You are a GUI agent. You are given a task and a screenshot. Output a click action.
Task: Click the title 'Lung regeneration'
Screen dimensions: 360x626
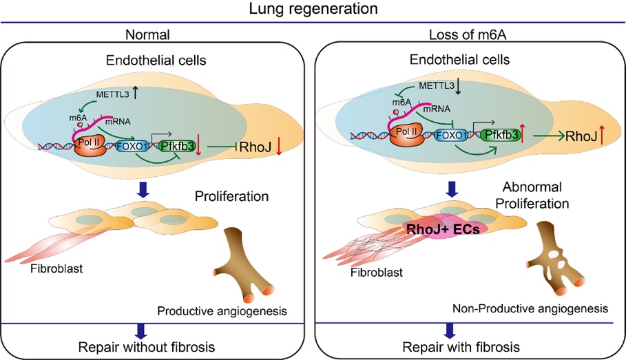313,9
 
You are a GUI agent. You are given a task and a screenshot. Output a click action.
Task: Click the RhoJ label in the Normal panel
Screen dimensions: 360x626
253,145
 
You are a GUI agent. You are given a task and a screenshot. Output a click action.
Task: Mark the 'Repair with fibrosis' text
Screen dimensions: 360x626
468,345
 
